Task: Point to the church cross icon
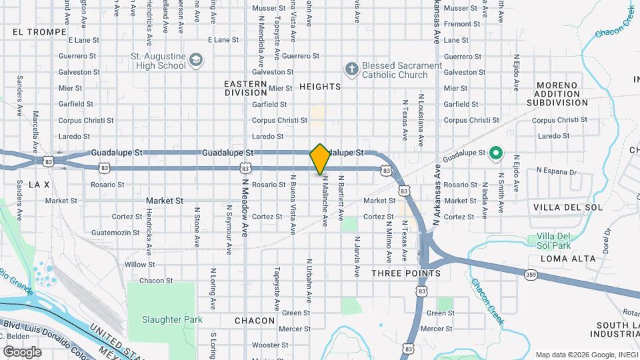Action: point(351,69)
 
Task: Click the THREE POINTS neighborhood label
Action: point(405,273)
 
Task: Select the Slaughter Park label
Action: point(172,319)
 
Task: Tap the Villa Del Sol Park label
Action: point(553,241)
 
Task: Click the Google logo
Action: point(22,351)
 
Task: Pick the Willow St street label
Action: point(140,265)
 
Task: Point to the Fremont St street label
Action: point(457,24)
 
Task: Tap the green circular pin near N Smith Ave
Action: point(495,154)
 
